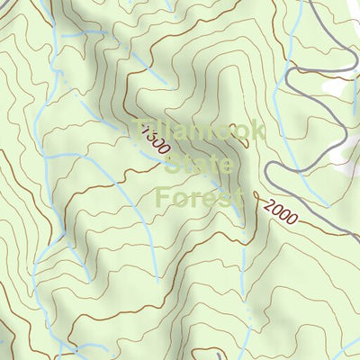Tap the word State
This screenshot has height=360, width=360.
(199, 165)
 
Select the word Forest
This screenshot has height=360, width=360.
(199, 195)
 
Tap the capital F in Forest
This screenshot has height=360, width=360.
(163, 195)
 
